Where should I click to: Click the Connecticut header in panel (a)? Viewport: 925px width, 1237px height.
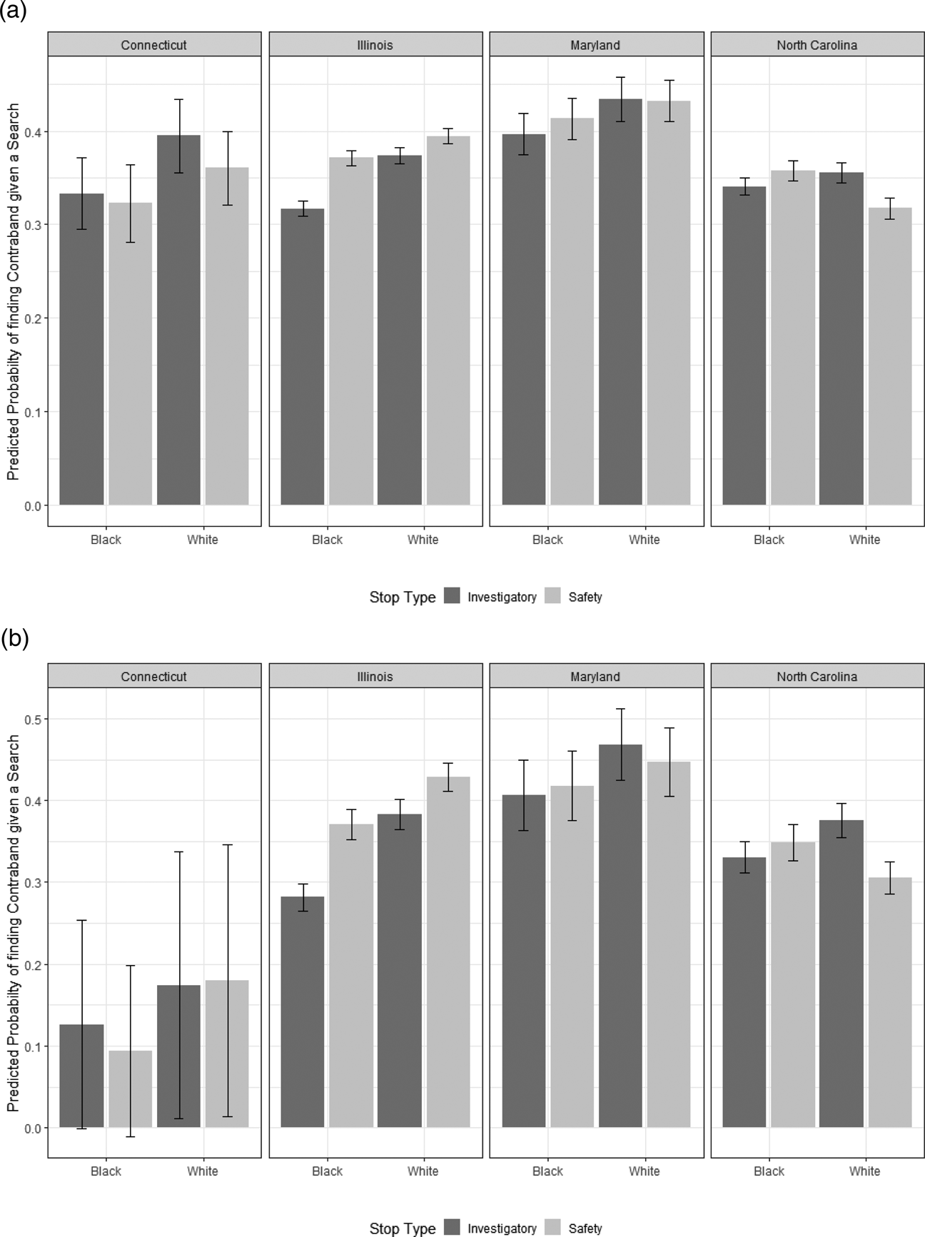(153, 45)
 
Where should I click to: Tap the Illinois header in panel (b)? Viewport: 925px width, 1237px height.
(375, 677)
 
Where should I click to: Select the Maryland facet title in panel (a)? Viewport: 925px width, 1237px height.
(595, 45)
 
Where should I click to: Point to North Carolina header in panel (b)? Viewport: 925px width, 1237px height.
(817, 677)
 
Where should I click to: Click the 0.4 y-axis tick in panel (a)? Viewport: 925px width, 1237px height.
(33, 132)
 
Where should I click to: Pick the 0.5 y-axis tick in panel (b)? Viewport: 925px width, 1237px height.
(33, 719)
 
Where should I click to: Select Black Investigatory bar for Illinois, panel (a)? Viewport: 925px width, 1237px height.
(303, 357)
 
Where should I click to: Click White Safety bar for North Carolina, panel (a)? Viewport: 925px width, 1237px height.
(890, 356)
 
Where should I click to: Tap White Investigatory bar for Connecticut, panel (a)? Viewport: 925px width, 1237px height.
(178, 320)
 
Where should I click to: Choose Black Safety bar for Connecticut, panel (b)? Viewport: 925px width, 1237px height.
(131, 1089)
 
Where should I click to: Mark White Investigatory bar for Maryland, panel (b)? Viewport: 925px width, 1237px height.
(620, 936)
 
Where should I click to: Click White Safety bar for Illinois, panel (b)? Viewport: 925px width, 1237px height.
(448, 952)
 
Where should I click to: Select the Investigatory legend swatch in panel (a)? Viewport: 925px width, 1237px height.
(453, 597)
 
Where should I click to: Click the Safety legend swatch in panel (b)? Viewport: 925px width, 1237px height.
(553, 1228)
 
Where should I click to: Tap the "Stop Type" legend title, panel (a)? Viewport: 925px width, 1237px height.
(403, 597)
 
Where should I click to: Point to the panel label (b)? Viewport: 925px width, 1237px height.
(14, 639)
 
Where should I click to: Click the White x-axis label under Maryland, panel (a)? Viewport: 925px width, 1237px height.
(644, 540)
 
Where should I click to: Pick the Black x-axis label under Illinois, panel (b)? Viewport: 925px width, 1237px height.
(327, 1171)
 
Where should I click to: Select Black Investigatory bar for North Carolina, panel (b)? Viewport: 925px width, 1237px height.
(744, 993)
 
